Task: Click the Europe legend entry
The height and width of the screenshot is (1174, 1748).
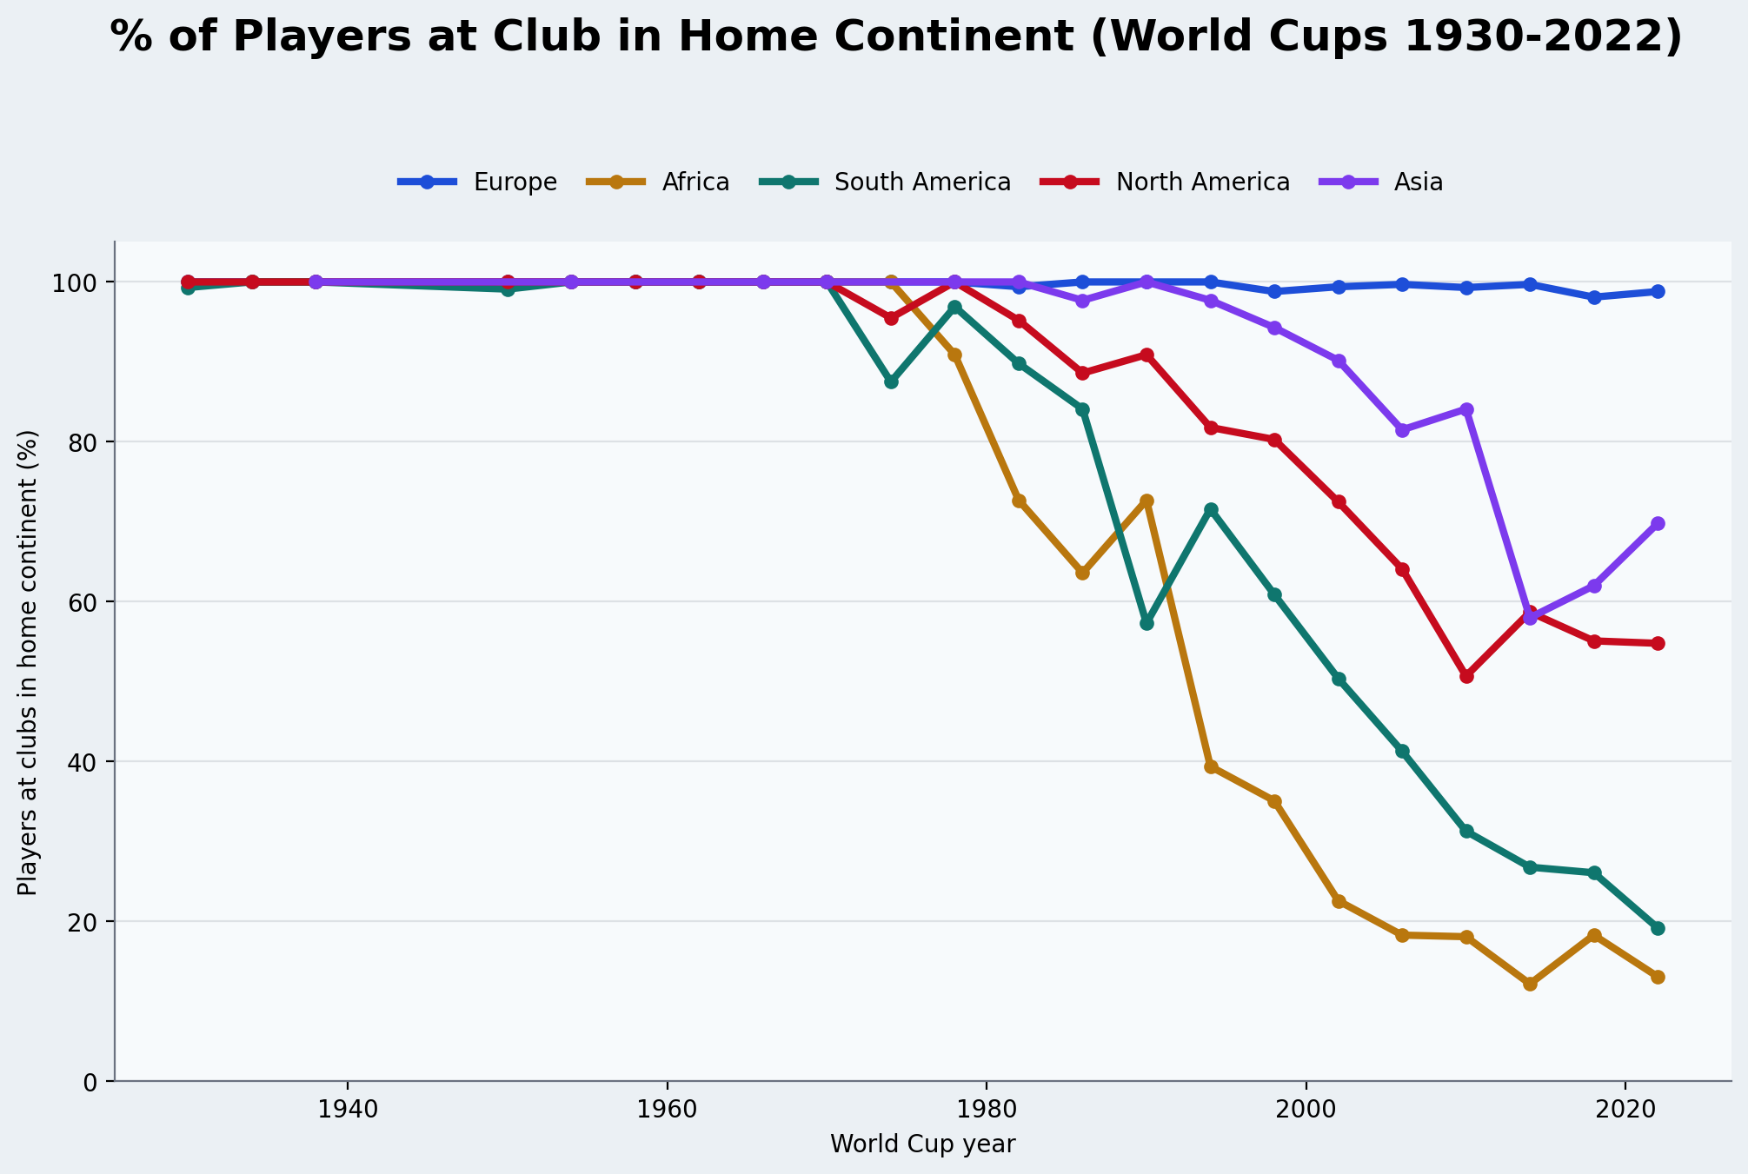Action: tap(515, 182)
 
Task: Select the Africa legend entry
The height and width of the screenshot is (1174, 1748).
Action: tap(695, 182)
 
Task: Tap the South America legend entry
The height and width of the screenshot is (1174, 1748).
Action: tap(922, 182)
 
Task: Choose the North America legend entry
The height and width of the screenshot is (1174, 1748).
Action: tap(1202, 182)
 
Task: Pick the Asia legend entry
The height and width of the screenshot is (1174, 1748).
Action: tap(1418, 182)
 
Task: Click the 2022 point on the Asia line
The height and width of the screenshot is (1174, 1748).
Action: tap(1658, 524)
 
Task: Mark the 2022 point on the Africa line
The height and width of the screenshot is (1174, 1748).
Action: tap(1658, 977)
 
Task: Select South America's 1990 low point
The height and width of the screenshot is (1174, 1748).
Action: tap(1147, 623)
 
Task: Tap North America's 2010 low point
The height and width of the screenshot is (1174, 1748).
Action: tap(1466, 676)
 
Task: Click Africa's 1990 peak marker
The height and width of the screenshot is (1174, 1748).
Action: tap(1147, 501)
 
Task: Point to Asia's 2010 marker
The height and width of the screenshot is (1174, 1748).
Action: tap(1466, 409)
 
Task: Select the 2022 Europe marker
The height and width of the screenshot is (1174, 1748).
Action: tap(1658, 292)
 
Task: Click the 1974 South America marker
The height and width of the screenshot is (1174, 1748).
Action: tap(891, 381)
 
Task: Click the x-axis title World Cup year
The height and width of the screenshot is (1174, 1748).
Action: tap(922, 1144)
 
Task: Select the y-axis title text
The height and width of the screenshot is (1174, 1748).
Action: tap(28, 662)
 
